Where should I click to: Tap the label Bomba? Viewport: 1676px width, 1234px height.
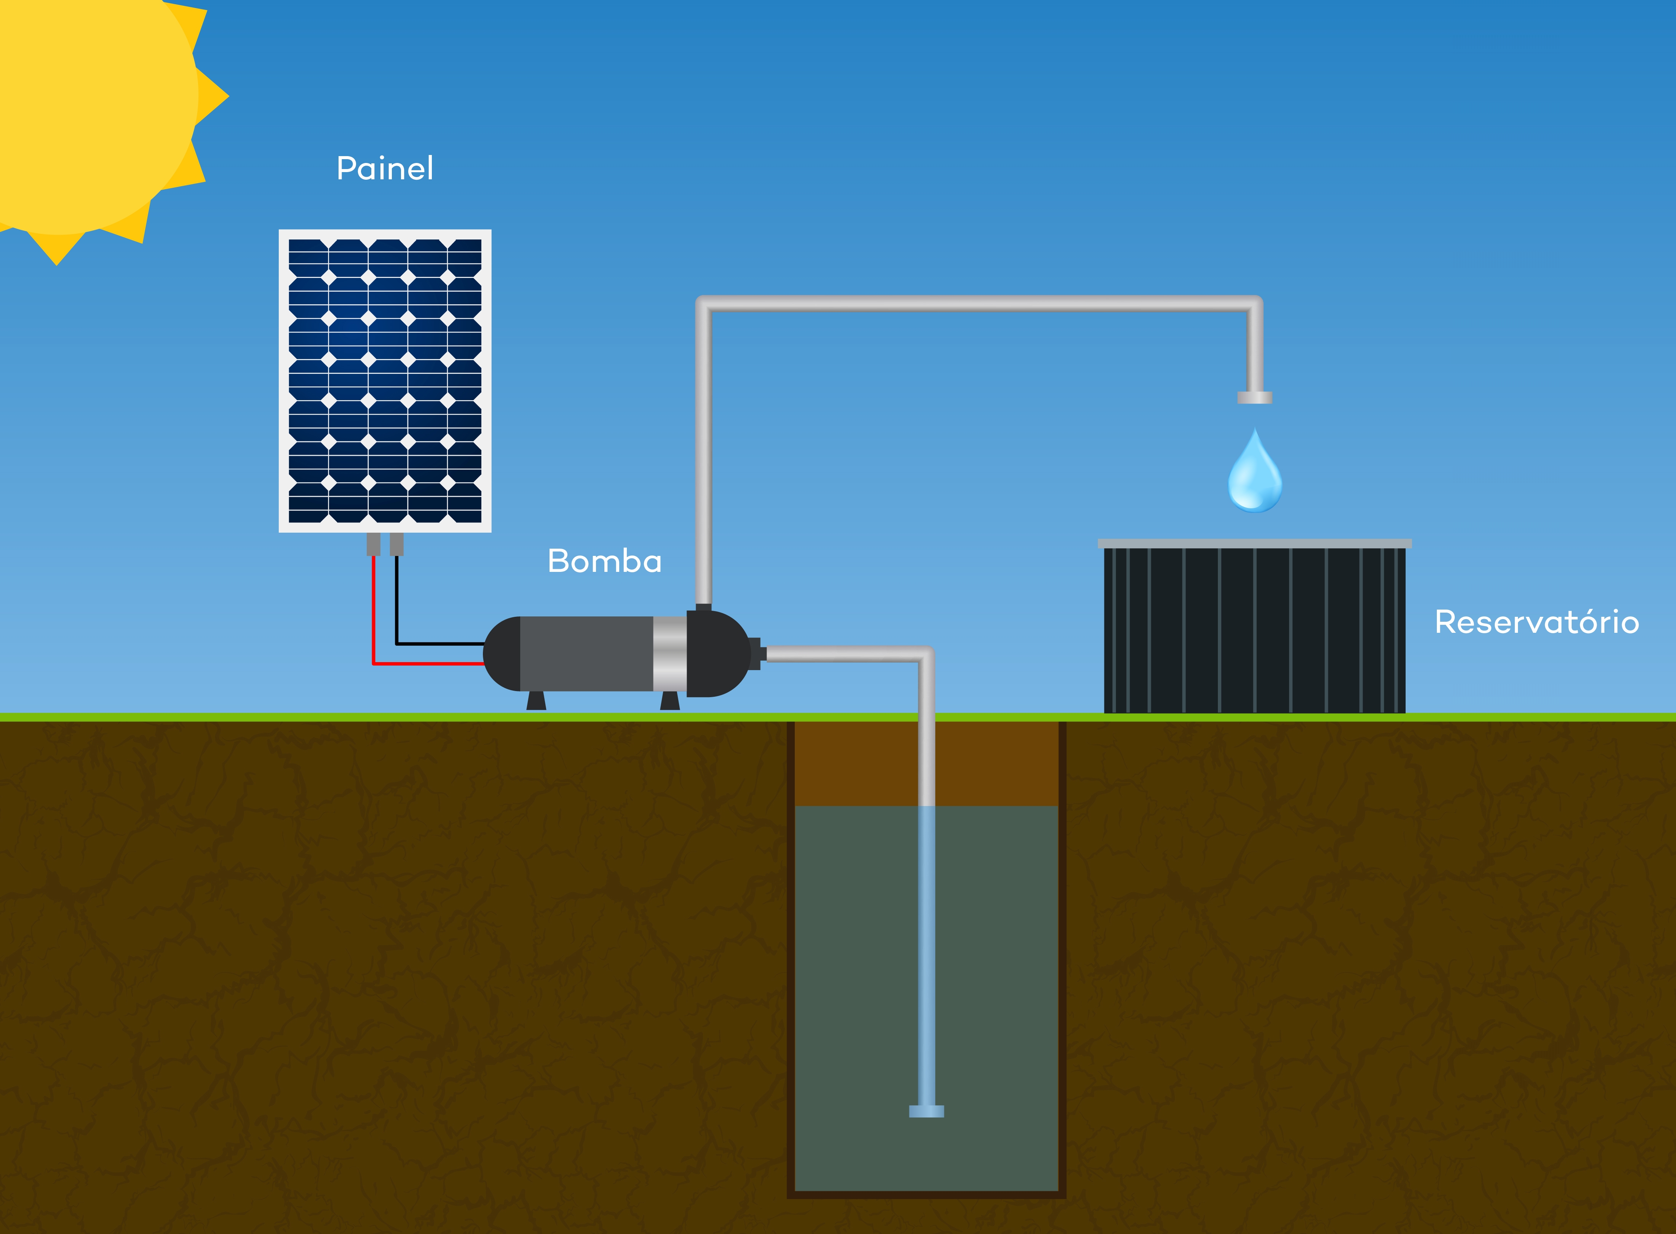[604, 561]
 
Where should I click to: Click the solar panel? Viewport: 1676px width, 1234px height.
[385, 381]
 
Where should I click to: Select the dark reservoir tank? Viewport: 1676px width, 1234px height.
[1254, 630]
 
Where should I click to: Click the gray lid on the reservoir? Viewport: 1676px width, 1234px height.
[1254, 543]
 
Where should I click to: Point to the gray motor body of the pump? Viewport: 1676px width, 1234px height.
[586, 654]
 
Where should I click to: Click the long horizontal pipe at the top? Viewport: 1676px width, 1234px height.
[979, 303]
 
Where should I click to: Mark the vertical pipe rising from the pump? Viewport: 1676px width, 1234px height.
[703, 456]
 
